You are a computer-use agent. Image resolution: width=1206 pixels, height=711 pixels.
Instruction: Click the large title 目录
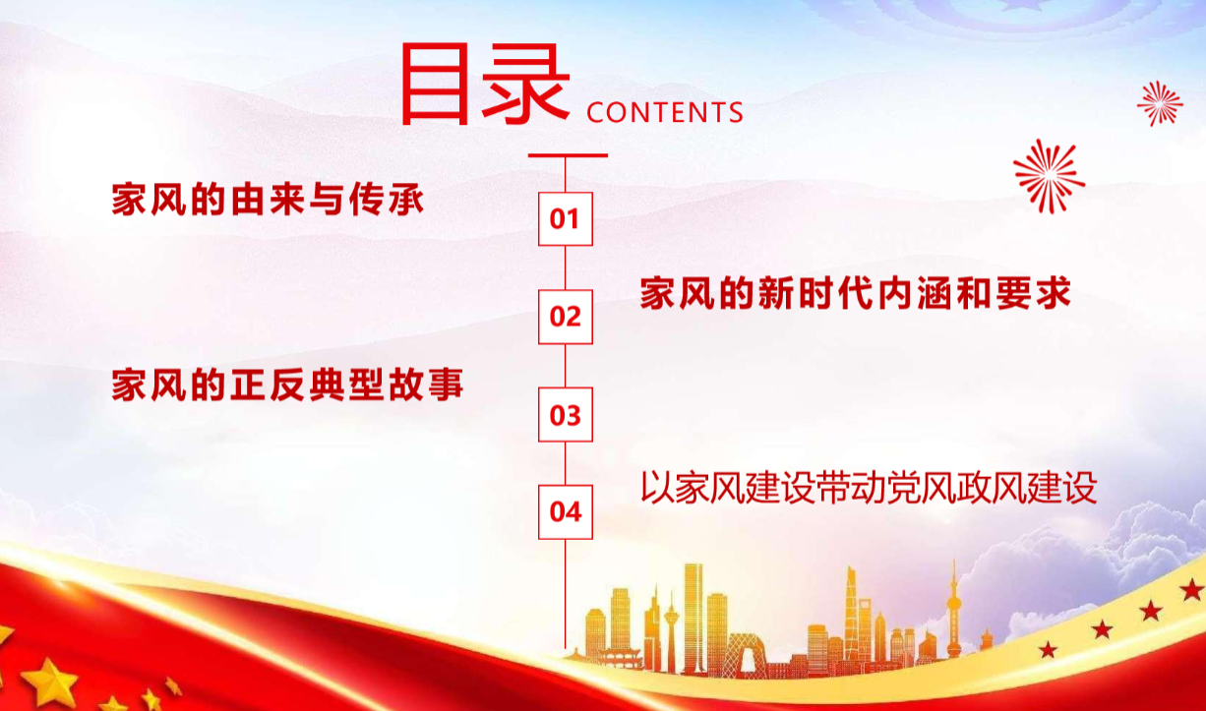tap(486, 84)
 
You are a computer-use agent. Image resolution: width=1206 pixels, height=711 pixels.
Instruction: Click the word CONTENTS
tap(665, 112)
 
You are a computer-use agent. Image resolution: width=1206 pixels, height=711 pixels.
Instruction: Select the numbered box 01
tap(566, 219)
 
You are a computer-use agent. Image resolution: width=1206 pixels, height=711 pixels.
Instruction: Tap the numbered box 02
tap(566, 317)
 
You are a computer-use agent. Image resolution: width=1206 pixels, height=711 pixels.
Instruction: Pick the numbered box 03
tap(566, 415)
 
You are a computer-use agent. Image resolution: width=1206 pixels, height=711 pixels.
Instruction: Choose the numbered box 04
tap(566, 511)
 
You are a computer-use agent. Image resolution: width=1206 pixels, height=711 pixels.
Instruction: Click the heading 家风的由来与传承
tap(268, 200)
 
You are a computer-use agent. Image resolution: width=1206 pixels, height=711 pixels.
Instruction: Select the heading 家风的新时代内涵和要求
tap(856, 293)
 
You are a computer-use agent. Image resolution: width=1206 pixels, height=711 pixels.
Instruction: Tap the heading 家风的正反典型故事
tap(287, 385)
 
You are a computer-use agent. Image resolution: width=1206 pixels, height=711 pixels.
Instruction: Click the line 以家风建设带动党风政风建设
tap(869, 488)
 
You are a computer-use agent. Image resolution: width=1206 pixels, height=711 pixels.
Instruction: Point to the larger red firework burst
tap(1049, 176)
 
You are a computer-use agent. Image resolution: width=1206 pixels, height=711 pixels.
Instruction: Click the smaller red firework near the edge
tap(1160, 104)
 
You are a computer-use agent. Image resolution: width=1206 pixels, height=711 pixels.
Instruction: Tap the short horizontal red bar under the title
tap(568, 155)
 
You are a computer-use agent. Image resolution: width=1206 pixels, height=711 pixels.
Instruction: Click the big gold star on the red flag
tap(50, 681)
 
